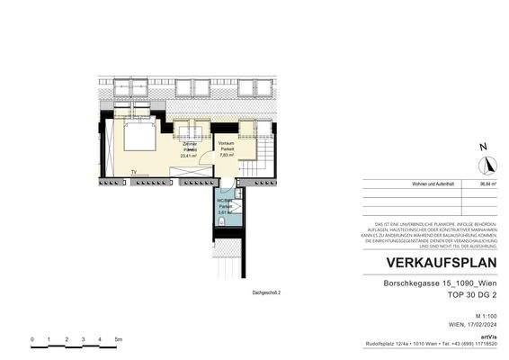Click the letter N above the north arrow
tap(484, 147)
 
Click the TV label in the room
tap(133, 171)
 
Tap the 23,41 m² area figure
tap(190, 155)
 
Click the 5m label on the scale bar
tap(117, 338)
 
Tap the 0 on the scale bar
tap(32, 338)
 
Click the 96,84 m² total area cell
tap(489, 183)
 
